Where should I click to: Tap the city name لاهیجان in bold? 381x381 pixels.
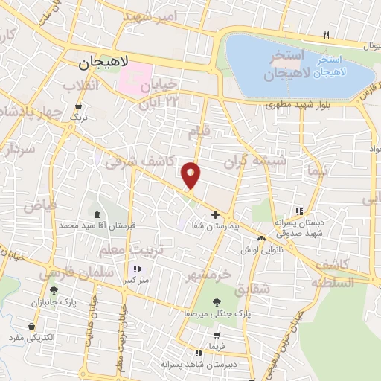[x=105, y=65]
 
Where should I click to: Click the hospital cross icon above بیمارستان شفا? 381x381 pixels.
[x=216, y=215]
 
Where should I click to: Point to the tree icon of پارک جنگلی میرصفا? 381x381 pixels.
[x=217, y=303]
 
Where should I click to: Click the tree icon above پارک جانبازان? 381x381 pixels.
[x=53, y=291]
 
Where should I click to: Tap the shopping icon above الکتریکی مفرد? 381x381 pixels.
[x=31, y=326]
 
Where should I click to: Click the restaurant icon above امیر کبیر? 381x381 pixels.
[x=135, y=269]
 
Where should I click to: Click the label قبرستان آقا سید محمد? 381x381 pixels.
[x=89, y=224]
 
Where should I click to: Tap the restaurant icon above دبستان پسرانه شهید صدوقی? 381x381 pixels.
[x=299, y=211]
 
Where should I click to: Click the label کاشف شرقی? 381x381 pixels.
[x=140, y=161]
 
